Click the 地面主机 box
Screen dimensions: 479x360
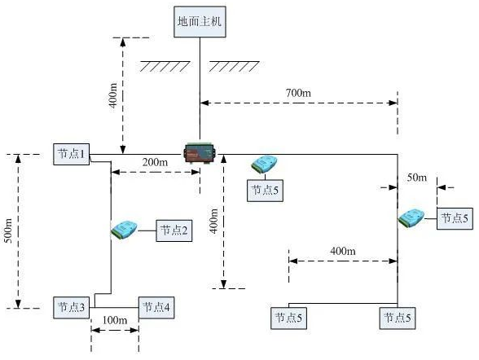pyautogui.click(x=200, y=22)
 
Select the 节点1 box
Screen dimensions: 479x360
pyautogui.click(x=72, y=154)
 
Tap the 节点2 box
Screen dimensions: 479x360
pyautogui.click(x=174, y=230)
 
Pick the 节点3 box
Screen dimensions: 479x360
pyautogui.click(x=72, y=308)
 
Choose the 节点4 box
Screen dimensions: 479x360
pyautogui.click(x=156, y=308)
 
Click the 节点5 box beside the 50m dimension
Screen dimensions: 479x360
pyautogui.click(x=455, y=218)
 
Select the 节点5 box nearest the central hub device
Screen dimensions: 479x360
pyautogui.click(x=265, y=191)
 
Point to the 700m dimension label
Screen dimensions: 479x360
pyautogui.click(x=298, y=93)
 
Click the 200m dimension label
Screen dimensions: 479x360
pyautogui.click(x=155, y=162)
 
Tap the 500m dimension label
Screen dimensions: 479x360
pyautogui.click(x=8, y=230)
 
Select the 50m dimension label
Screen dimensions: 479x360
pyautogui.click(x=417, y=178)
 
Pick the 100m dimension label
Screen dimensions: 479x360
pyautogui.click(x=115, y=320)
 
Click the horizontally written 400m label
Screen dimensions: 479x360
pyautogui.click(x=343, y=251)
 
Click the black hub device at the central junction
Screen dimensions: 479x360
pyautogui.click(x=200, y=152)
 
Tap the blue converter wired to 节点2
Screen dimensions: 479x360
pyautogui.click(x=124, y=230)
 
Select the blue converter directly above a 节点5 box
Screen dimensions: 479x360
pyautogui.click(x=264, y=164)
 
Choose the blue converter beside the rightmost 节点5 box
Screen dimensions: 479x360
pyautogui.click(x=411, y=217)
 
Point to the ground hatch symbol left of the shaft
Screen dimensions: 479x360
pyautogui.click(x=165, y=66)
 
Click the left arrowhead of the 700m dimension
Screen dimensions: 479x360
pyautogui.click(x=204, y=103)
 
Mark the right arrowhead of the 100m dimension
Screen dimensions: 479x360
pyautogui.click(x=134, y=330)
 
